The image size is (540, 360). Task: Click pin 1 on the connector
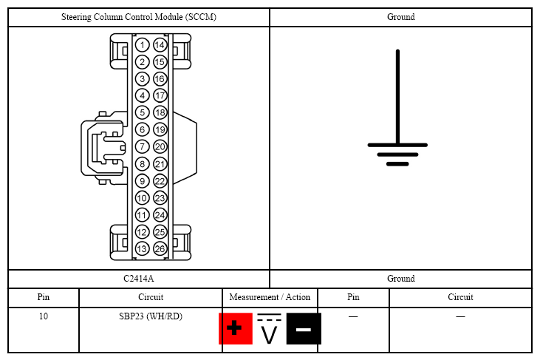coord(142,45)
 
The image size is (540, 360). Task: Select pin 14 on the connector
coord(160,45)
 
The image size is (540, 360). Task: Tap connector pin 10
coord(142,198)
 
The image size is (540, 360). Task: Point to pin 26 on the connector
coord(160,249)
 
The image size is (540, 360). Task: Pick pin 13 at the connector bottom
coord(142,249)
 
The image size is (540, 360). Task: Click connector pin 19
coord(160,130)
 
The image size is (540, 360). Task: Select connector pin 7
coord(142,147)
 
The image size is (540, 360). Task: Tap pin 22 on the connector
coord(160,181)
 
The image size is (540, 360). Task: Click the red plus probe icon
coord(235,329)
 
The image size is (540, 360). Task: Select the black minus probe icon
coord(304,329)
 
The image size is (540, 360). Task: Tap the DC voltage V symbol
coord(270,330)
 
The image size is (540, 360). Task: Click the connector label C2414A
coord(139,279)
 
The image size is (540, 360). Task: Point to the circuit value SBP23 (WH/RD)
coord(150,316)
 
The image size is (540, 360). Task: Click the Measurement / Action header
coord(270,297)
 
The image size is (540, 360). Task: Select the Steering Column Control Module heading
coord(139,17)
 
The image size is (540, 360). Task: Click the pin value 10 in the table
coord(44,316)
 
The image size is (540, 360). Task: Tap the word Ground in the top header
coord(400,17)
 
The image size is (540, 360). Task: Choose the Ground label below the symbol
coord(400,279)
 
